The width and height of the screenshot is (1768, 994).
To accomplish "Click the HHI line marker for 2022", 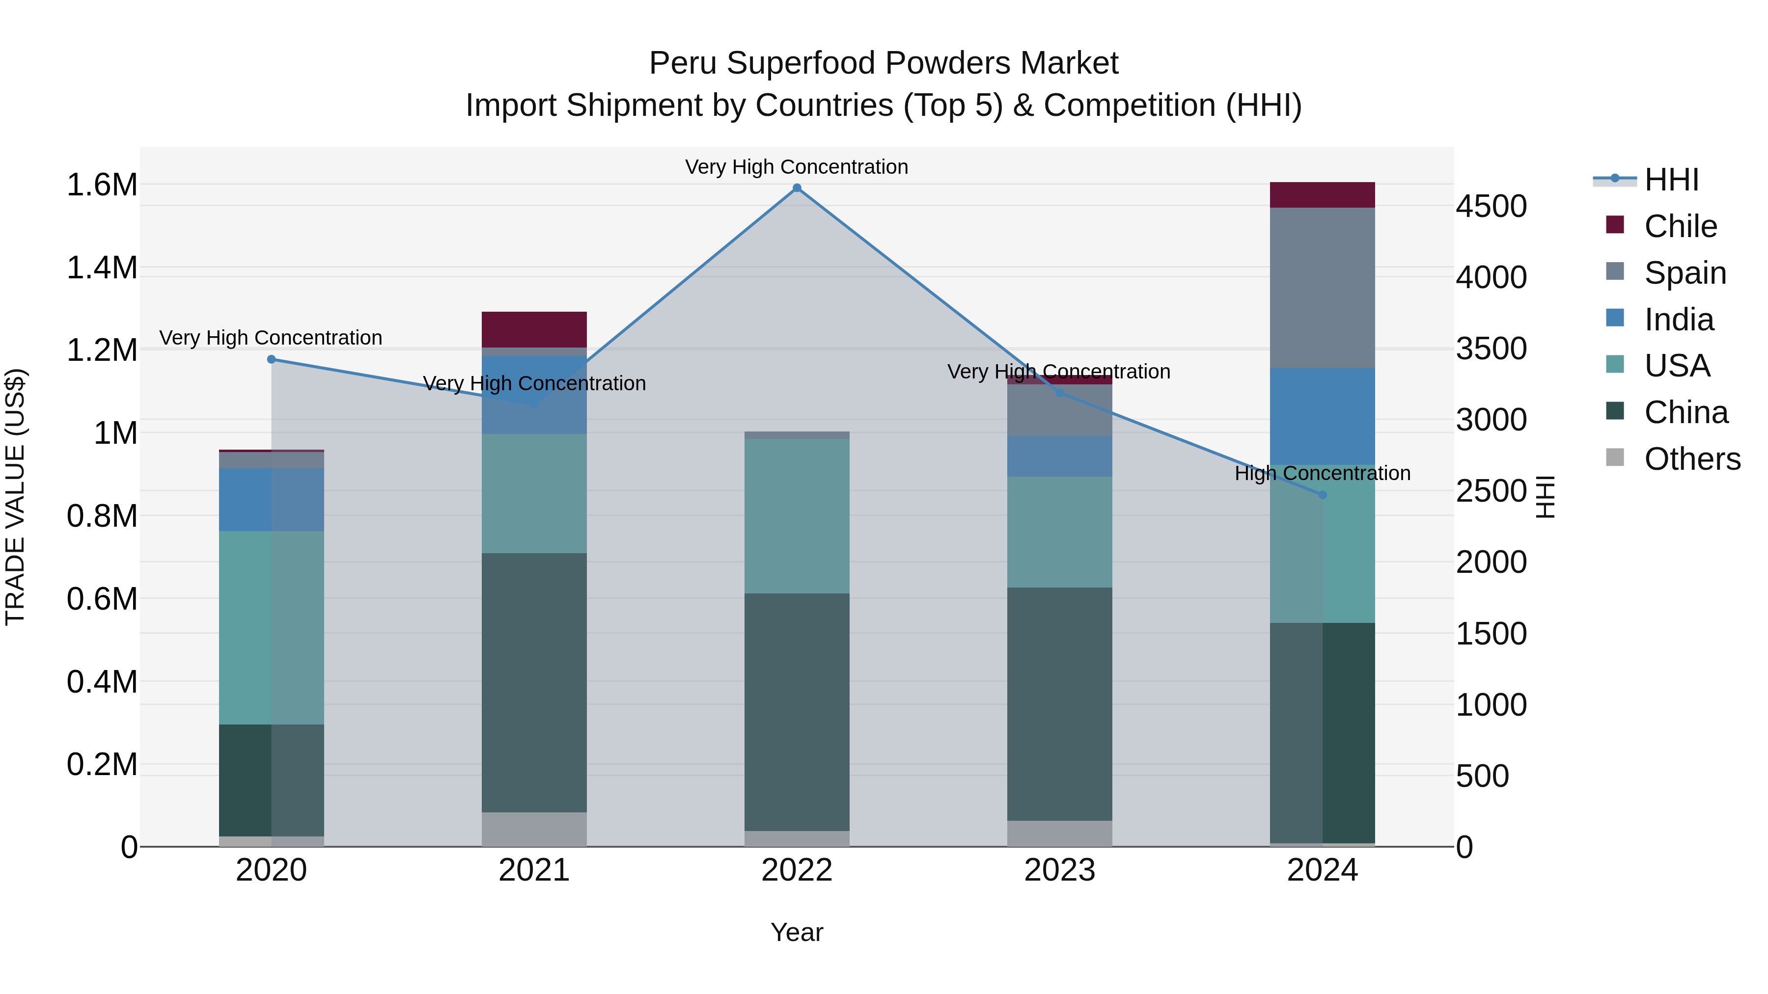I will coord(797,188).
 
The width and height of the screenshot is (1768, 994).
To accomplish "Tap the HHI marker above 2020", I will coord(271,359).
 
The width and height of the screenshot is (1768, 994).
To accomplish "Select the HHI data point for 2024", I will coord(1323,495).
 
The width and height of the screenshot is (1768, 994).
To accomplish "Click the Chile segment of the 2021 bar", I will coord(534,329).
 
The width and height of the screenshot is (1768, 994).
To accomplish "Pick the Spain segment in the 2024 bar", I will coord(1323,288).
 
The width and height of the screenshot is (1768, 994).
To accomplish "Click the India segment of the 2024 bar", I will coord(1323,416).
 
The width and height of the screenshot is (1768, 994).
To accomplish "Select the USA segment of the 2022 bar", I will coord(797,516).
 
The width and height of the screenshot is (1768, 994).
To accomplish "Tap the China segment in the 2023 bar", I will coord(1060,703).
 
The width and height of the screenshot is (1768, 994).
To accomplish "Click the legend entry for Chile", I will coord(1680,226).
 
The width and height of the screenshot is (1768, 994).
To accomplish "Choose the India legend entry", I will coord(1679,320).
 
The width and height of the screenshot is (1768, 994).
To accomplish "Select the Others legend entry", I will coord(1692,459).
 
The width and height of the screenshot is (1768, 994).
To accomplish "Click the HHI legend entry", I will coord(1671,180).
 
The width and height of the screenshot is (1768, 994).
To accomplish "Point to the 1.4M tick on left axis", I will coord(102,268).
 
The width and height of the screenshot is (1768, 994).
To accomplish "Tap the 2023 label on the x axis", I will coord(1060,870).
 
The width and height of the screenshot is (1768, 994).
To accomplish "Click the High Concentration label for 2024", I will coord(1323,473).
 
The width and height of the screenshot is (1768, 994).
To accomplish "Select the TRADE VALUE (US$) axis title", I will coord(15,497).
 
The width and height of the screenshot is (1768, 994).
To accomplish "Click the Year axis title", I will coord(797,932).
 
